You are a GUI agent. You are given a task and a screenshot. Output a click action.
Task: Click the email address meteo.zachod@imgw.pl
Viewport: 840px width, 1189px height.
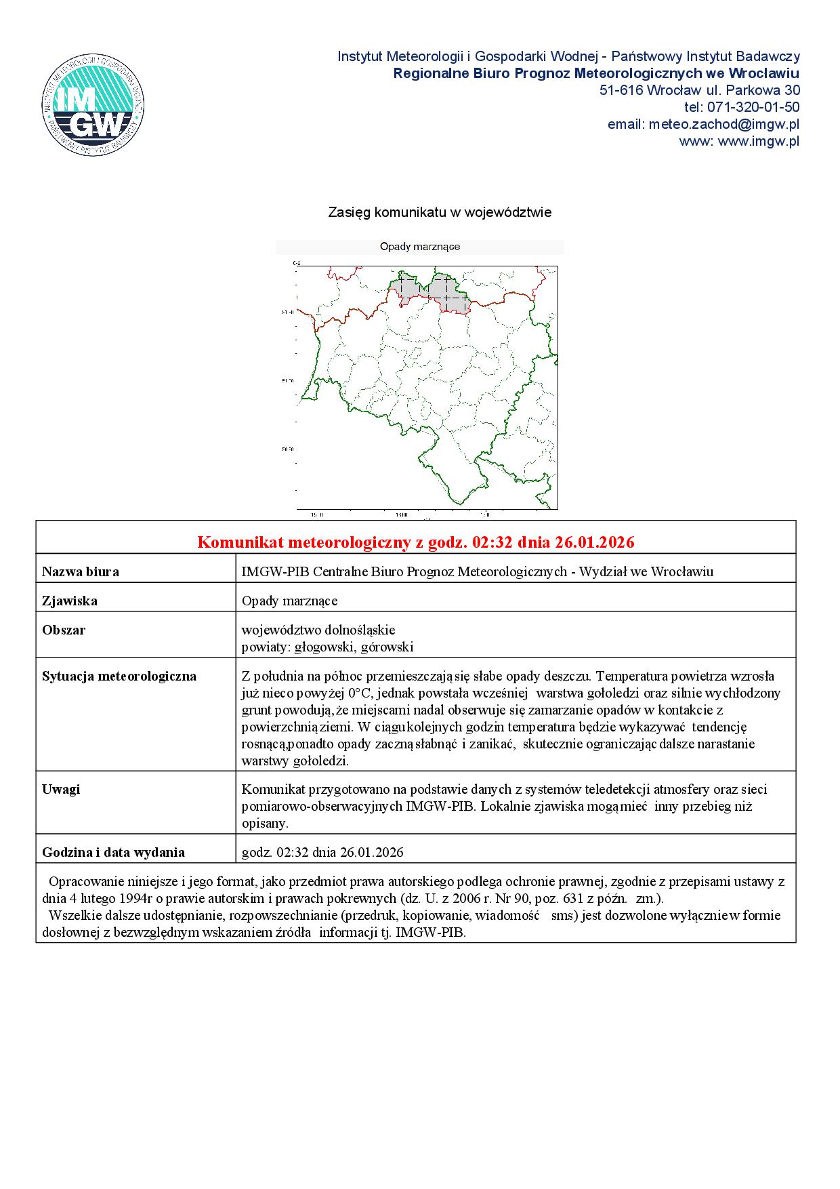[723, 125]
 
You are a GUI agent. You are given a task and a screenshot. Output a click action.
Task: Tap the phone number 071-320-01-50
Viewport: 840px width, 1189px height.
[753, 107]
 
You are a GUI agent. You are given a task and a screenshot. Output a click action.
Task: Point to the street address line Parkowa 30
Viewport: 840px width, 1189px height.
[699, 90]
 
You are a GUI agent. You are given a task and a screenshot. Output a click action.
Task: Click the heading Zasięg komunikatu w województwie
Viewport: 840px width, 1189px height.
[440, 212]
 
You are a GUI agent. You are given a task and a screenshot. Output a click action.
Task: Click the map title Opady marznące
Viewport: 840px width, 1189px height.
[420, 247]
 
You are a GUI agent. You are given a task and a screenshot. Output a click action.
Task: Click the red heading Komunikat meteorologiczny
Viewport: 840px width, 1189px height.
[415, 542]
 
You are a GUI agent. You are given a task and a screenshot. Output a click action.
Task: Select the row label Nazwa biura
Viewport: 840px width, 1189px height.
[81, 571]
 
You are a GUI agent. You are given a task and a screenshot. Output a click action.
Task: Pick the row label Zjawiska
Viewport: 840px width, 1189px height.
[70, 601]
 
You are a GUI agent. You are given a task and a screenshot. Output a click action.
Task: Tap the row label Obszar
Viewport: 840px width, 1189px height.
[64, 630]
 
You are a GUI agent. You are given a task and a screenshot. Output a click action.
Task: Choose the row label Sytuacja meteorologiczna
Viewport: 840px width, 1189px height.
[119, 676]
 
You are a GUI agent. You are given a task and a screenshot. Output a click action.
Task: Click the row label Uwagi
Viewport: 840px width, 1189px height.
[61, 789]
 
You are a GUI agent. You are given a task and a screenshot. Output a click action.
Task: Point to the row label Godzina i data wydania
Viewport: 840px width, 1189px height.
[113, 852]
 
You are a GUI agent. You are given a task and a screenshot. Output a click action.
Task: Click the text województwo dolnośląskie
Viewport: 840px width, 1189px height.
[318, 630]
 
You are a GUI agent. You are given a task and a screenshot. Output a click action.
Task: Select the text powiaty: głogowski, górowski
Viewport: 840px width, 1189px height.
[327, 647]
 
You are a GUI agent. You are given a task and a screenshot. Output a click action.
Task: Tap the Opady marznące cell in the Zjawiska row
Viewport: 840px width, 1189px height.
[289, 601]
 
